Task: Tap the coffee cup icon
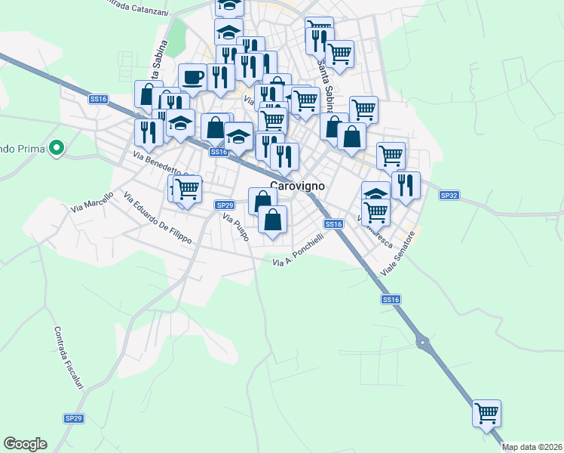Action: click(192, 76)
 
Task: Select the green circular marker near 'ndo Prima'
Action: click(55, 147)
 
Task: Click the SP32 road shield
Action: click(449, 196)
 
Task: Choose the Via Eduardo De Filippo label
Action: click(158, 219)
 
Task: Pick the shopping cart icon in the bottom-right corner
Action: click(487, 412)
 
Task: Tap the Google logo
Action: click(25, 444)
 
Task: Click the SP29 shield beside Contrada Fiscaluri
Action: click(73, 418)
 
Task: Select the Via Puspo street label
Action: click(235, 227)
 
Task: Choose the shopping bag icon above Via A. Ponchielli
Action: click(273, 220)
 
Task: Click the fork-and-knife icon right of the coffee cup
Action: click(220, 76)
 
